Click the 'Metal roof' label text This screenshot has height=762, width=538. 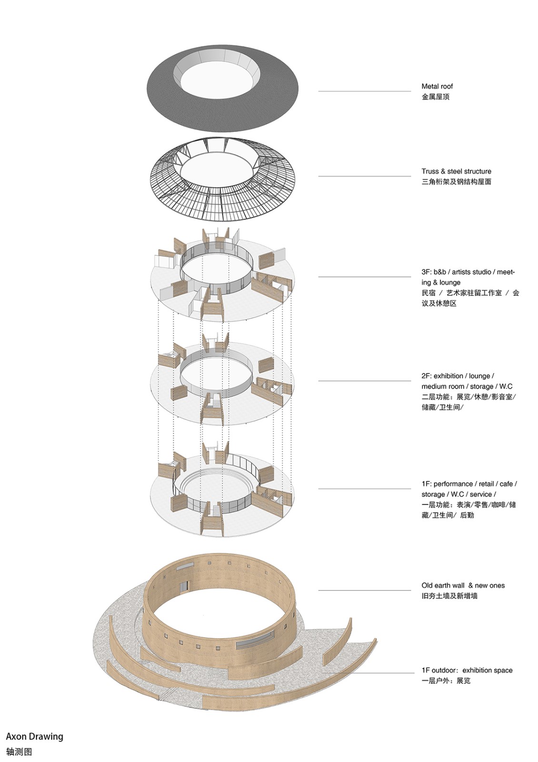(x=437, y=86)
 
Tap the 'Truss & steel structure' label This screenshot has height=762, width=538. (x=457, y=171)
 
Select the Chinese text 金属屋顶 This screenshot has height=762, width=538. (x=436, y=97)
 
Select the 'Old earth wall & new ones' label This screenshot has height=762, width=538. (x=463, y=585)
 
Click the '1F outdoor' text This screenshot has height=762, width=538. (x=437, y=671)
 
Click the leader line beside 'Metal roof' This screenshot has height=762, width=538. (x=365, y=91)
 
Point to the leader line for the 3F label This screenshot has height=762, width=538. (x=365, y=277)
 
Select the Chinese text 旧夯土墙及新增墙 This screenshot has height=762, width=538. (x=449, y=596)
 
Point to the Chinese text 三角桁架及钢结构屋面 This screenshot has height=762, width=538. (x=457, y=182)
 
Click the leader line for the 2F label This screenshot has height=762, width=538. (x=365, y=381)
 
